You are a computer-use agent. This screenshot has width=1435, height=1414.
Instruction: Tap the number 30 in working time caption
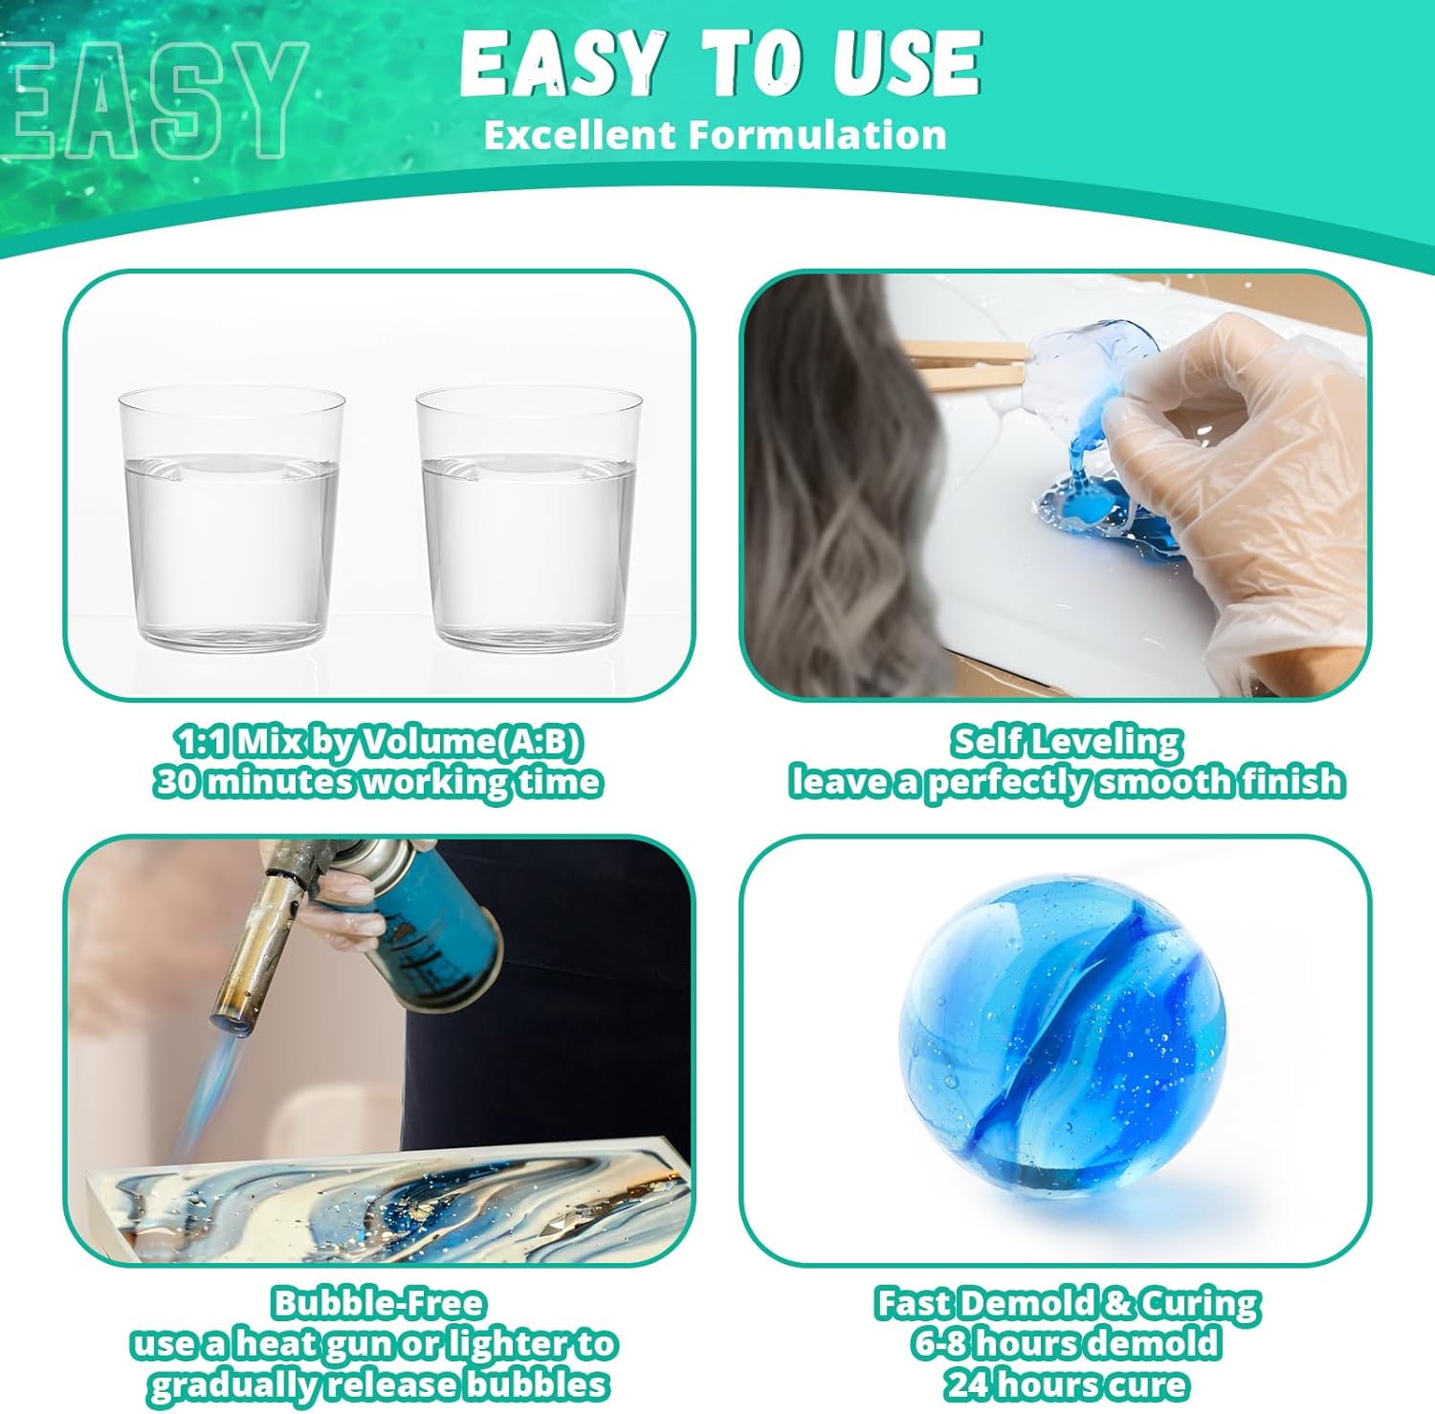(177, 781)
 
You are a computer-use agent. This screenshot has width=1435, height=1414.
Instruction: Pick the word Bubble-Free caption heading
(379, 1303)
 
